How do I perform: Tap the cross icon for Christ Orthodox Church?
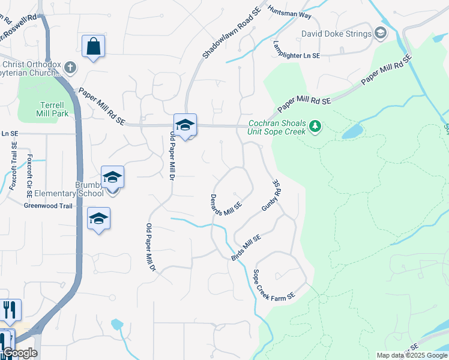click(x=70, y=67)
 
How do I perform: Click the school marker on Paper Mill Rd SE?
click(x=185, y=125)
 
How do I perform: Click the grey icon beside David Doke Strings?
click(x=381, y=33)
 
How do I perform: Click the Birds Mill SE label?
click(x=246, y=247)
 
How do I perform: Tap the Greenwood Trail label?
click(x=48, y=206)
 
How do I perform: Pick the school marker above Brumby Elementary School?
click(x=112, y=177)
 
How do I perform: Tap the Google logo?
click(x=19, y=353)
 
